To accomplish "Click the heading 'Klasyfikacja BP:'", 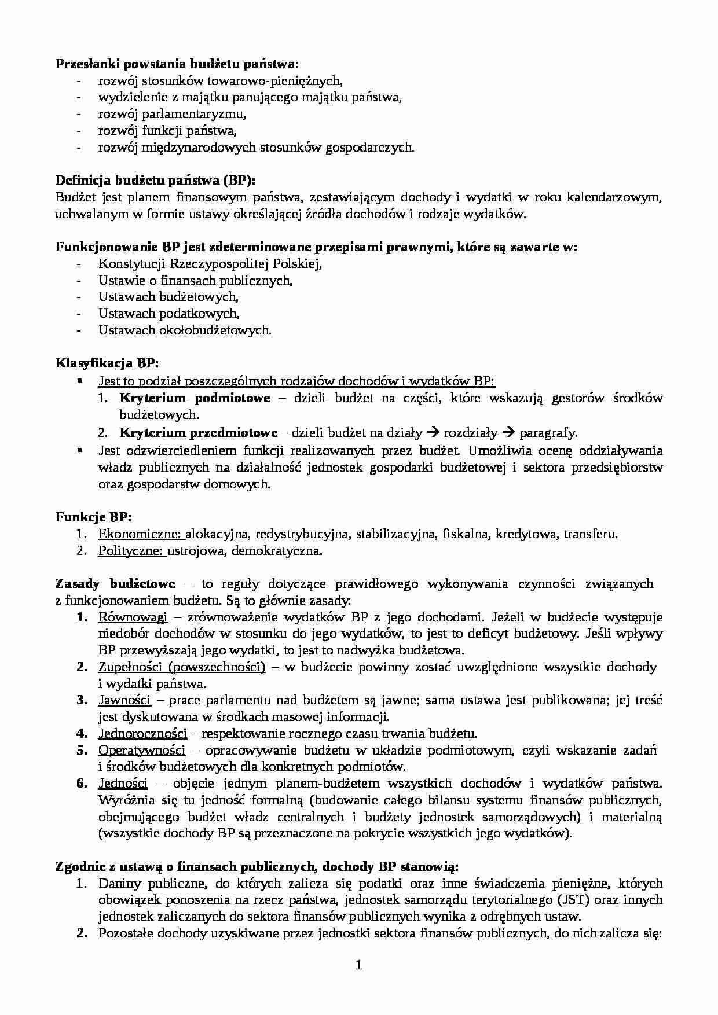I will point(107,363).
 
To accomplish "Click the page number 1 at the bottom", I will point(358,965).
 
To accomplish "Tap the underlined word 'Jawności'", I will point(124,700).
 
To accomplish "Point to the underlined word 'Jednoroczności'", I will point(142,734).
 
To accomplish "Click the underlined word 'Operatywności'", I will point(142,751).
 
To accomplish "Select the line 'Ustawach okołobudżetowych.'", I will point(185,330).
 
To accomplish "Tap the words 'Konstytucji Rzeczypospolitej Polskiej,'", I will point(210,264).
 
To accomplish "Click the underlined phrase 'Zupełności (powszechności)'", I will point(181,667).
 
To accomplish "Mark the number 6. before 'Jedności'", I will point(82,784).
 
